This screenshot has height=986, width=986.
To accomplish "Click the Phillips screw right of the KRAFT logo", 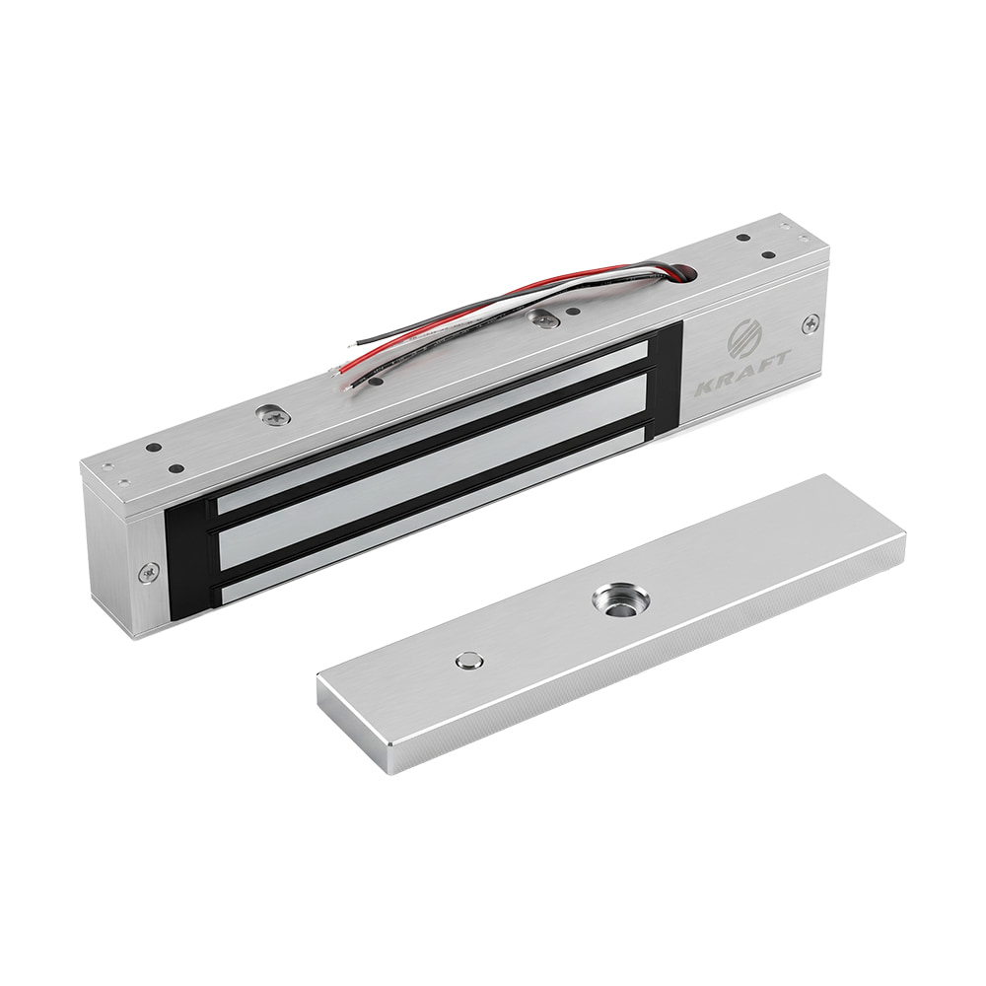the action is tap(810, 324).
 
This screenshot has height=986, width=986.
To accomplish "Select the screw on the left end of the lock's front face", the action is tap(149, 571).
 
